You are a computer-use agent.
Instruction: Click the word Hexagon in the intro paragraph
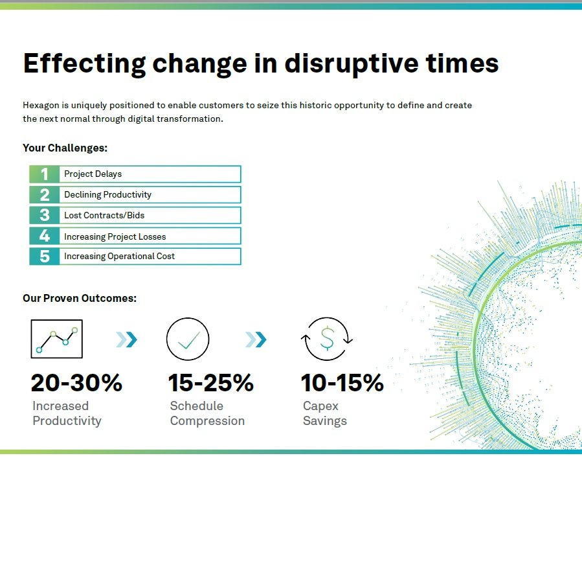[41, 106]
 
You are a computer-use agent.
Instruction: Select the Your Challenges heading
[65, 148]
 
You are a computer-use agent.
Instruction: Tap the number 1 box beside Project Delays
[45, 174]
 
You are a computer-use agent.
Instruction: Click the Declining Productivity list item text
[107, 195]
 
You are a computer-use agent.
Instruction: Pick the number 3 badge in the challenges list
[45, 215]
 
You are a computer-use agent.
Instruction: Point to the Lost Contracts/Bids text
[104, 215]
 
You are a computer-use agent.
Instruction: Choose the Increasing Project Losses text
[115, 236]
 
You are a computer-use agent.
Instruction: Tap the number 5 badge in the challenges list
[45, 257]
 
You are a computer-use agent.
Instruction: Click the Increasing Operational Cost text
[119, 257]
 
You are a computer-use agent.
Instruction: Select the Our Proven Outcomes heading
[80, 299]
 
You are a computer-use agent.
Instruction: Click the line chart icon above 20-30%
[57, 339]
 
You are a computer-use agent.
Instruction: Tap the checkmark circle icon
[188, 339]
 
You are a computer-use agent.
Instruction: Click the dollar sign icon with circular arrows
[326, 339]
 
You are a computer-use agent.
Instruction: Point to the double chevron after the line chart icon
[126, 339]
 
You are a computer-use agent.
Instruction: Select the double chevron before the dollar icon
[256, 339]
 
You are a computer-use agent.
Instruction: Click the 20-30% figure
[76, 383]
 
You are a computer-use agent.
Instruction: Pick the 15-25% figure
[211, 383]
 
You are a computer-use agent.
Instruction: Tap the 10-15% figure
[342, 383]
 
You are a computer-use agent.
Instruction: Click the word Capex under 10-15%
[320, 406]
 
